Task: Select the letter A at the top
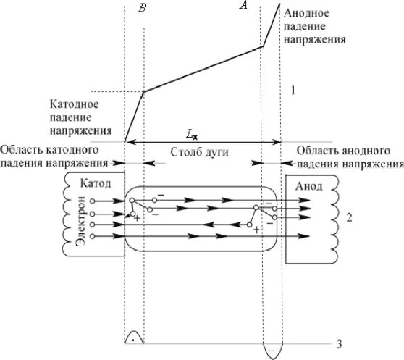click(244, 7)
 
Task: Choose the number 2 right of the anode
click(349, 217)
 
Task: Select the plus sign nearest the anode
click(256, 230)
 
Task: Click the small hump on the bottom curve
click(134, 338)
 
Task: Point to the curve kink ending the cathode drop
click(143, 91)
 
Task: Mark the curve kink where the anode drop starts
click(263, 47)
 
